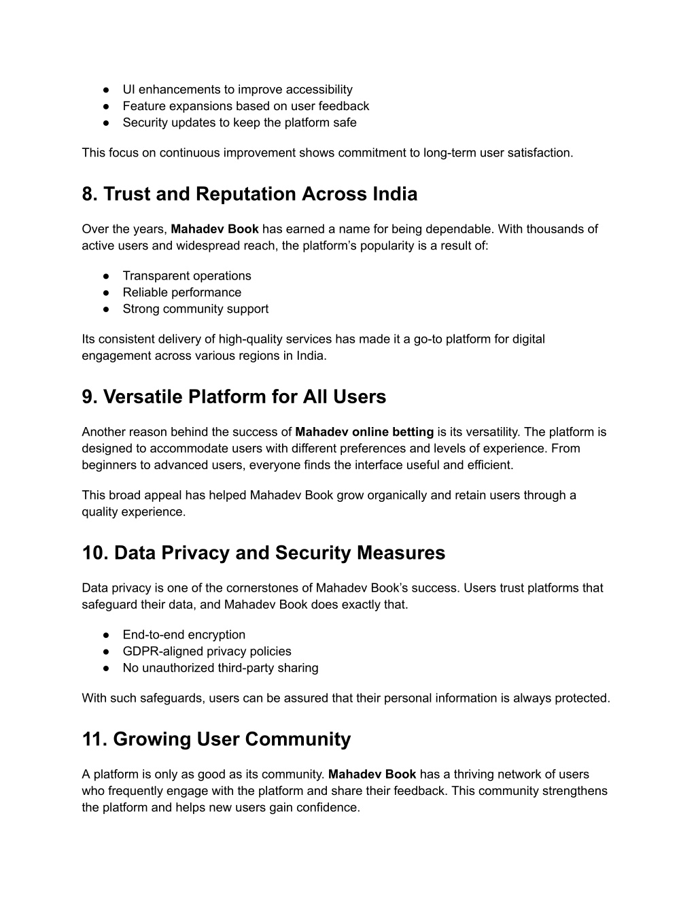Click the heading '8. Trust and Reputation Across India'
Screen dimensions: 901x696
pos(249,194)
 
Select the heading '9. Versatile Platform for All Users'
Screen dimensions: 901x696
pos(234,397)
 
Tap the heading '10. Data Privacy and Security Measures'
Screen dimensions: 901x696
pos(263,553)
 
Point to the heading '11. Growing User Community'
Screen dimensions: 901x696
pos(216,739)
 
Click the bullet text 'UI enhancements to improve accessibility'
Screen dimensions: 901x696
pos(237,90)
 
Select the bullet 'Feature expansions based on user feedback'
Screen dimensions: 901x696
pos(245,106)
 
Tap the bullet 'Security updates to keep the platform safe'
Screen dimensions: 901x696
pos(239,123)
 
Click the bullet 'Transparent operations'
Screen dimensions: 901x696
pos(187,276)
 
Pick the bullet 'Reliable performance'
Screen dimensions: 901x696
pos(181,292)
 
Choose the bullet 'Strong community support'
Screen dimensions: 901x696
pos(195,309)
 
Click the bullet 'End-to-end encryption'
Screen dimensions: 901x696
pos(184,635)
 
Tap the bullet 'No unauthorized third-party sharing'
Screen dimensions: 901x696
pos(220,668)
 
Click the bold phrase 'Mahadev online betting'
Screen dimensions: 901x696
pos(364,432)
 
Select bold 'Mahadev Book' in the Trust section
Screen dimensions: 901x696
pos(215,229)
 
